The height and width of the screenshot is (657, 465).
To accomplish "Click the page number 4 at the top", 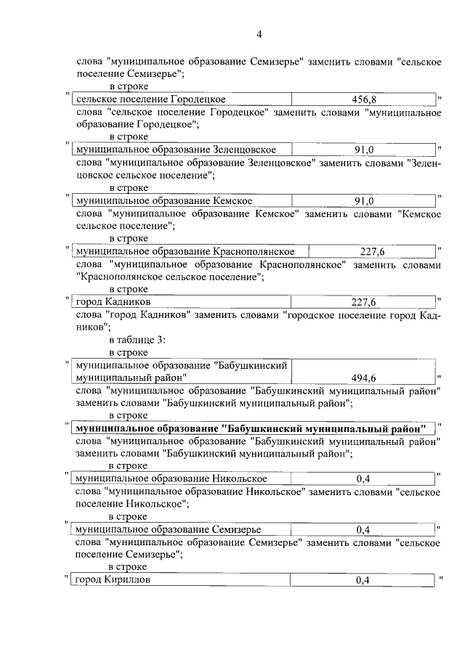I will (x=259, y=33).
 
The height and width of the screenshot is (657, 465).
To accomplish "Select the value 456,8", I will (x=363, y=99).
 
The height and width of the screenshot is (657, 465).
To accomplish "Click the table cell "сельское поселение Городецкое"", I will (x=151, y=99).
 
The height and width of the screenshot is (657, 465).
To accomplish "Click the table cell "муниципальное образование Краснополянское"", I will (x=185, y=251).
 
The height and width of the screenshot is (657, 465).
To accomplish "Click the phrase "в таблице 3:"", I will (x=138, y=340).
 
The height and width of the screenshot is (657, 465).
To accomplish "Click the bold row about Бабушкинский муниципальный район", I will (x=251, y=428).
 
